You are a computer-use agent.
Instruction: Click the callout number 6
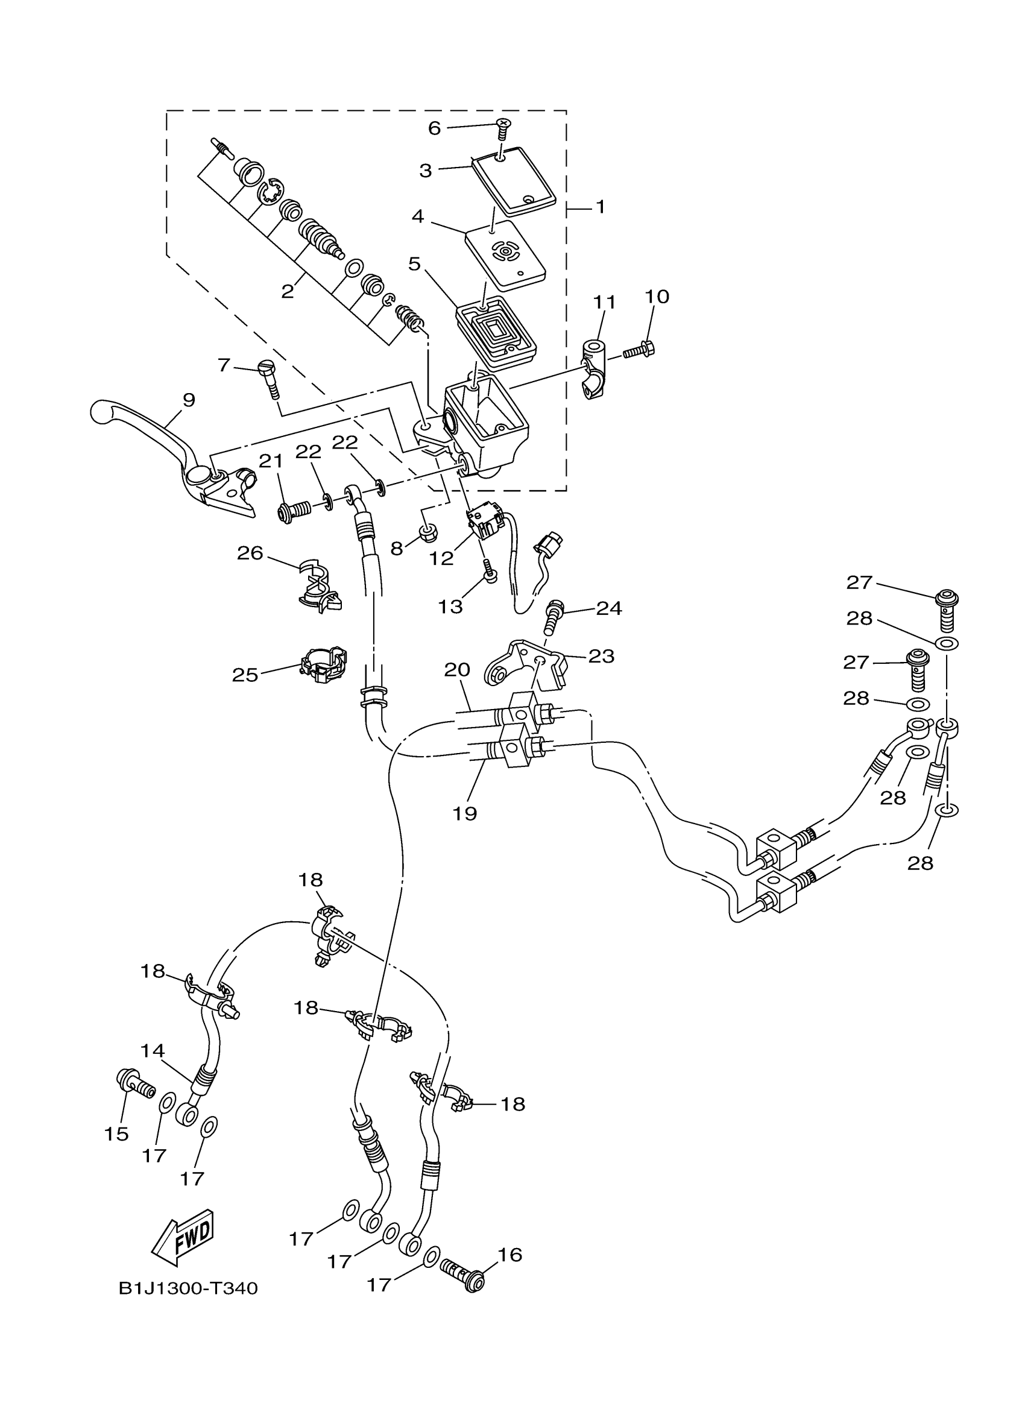click(434, 128)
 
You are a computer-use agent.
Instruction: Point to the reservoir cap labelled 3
click(514, 180)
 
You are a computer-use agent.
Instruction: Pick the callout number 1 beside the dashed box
click(600, 207)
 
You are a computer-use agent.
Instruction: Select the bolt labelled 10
click(640, 351)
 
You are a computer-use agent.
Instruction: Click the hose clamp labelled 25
click(323, 666)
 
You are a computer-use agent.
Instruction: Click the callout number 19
click(465, 813)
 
